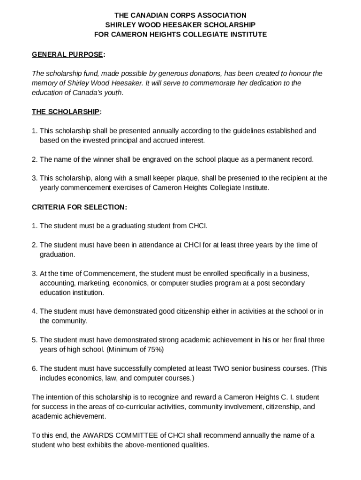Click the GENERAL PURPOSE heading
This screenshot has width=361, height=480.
click(x=67, y=54)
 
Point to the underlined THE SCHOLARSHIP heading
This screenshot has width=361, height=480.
click(x=66, y=112)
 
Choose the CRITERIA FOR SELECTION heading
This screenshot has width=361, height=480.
click(x=79, y=207)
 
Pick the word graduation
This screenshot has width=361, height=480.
click(x=57, y=255)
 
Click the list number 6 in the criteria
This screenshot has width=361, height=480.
click(x=34, y=368)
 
